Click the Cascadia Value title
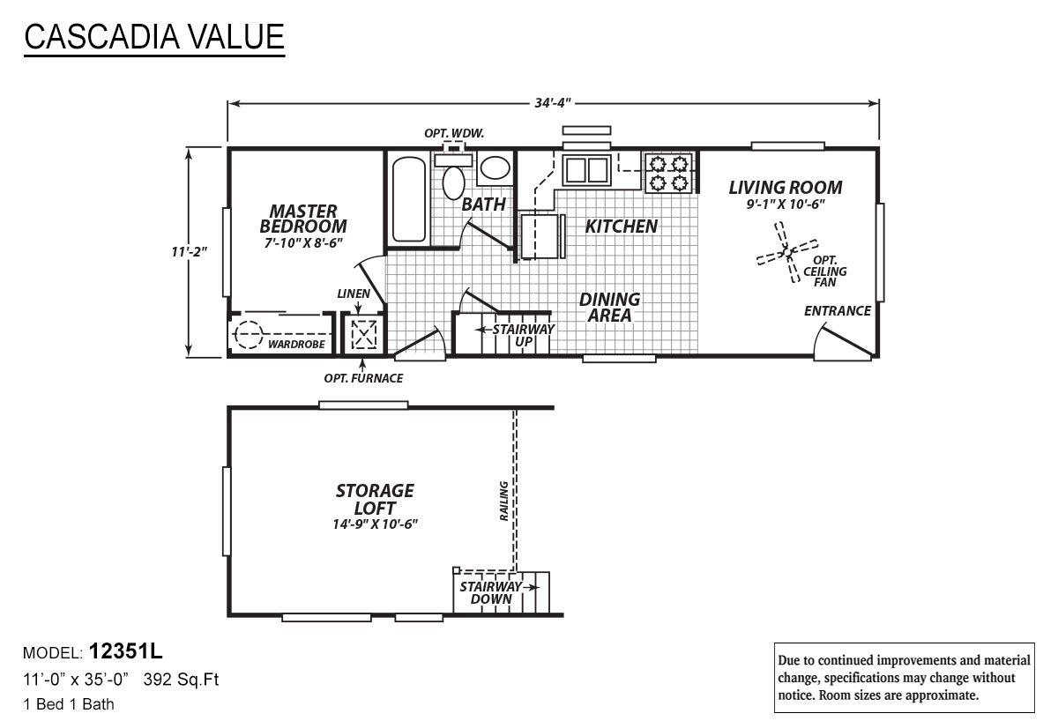pos(154,37)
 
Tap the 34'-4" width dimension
pos(553,102)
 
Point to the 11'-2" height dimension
pos(189,252)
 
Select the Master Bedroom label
pos(303,219)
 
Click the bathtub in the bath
pos(409,199)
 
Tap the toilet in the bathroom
pos(453,177)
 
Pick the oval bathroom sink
pos(495,167)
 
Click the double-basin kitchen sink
pos(586,169)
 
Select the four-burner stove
pos(668,173)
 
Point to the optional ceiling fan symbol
pos(787,252)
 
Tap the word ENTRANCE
pos(838,310)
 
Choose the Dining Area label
pos(609,308)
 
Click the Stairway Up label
pos(524,335)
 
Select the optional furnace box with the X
pos(363,335)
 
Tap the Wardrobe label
pos(296,345)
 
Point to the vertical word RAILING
pos(503,501)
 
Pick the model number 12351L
pos(125,651)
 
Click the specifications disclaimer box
pos(904,678)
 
